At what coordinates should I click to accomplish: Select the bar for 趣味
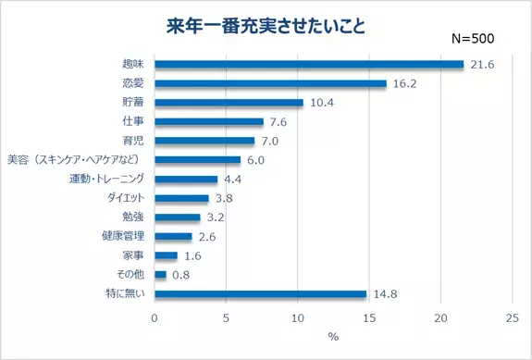click(x=309, y=64)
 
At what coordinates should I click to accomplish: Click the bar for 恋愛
click(x=270, y=83)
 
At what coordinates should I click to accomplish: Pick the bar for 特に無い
click(x=260, y=294)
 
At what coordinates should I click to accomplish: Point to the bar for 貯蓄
click(x=229, y=103)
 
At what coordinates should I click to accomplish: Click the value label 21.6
click(x=480, y=64)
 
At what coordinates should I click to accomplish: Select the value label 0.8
click(x=181, y=275)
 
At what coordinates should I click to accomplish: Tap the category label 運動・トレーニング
click(x=106, y=180)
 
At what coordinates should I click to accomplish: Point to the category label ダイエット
click(x=123, y=198)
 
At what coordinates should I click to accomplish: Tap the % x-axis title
click(x=333, y=337)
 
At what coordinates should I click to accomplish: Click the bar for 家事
click(x=166, y=256)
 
